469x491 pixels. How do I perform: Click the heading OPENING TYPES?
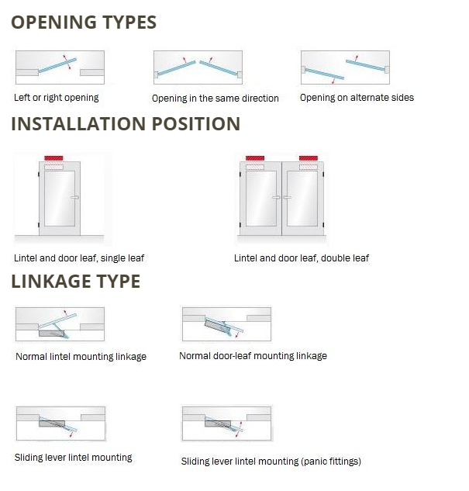tap(84, 22)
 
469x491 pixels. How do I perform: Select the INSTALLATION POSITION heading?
tap(126, 123)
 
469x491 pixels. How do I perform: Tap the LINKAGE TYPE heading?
tap(76, 281)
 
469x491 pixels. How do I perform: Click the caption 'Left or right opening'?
tap(57, 98)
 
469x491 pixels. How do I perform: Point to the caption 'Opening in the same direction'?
tap(216, 99)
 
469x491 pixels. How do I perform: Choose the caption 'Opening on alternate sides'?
tap(357, 98)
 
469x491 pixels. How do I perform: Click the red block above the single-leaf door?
tap(53, 158)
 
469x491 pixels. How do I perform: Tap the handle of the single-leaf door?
tap(74, 197)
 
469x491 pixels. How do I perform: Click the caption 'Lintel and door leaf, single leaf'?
tap(79, 258)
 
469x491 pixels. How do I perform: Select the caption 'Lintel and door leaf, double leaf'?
tap(302, 258)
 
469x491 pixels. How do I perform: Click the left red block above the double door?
tap(255, 158)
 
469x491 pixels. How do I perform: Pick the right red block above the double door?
tap(309, 158)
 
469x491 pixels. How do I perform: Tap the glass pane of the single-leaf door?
tap(60, 199)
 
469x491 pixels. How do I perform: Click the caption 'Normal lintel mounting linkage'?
tap(81, 356)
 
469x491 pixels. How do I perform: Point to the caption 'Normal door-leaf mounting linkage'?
tap(253, 356)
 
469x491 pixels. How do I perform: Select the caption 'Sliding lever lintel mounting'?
tap(73, 458)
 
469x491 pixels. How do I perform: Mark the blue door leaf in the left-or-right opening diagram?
tap(57, 65)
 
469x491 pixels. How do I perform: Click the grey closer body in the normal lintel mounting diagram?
tap(52, 334)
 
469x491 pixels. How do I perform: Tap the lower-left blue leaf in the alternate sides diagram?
tap(324, 74)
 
